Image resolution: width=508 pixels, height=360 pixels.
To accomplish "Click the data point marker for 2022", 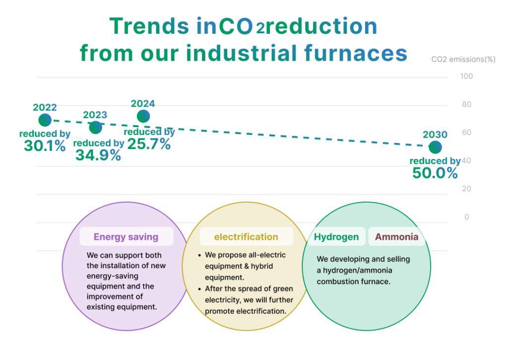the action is point(45,120).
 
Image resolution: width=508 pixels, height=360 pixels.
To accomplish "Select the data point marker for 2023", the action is point(96,128).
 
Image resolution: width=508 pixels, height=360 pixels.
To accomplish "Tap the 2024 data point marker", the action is point(143,116).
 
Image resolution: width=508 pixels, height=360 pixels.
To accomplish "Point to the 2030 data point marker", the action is point(435,147).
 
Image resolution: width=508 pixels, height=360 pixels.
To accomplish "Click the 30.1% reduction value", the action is point(45,145).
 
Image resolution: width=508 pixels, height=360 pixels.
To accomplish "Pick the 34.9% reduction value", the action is point(98,155).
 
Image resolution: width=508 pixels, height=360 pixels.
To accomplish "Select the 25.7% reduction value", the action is point(149,144).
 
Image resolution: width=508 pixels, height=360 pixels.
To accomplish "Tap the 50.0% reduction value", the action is point(435,173).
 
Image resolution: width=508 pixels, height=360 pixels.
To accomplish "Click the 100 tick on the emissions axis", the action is point(466,76).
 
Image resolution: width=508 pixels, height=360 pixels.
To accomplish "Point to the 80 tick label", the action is point(466,104).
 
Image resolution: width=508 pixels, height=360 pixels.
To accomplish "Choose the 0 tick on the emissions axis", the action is point(466,216).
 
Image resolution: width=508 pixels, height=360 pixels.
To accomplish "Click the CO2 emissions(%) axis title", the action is point(463,60).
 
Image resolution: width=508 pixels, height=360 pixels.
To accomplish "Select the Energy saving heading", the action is point(126,237).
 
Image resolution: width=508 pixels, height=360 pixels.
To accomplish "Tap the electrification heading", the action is point(246,237).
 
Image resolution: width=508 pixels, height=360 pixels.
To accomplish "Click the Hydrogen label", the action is point(336,237).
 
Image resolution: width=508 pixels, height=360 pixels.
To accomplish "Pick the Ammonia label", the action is point(396,237).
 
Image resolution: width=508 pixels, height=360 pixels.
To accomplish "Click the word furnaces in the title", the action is point(356,53).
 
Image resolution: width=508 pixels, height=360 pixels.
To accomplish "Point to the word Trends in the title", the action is point(149,26).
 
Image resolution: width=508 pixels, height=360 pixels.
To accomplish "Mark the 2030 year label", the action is point(435,134).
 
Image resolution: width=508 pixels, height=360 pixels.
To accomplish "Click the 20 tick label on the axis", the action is point(466,189).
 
